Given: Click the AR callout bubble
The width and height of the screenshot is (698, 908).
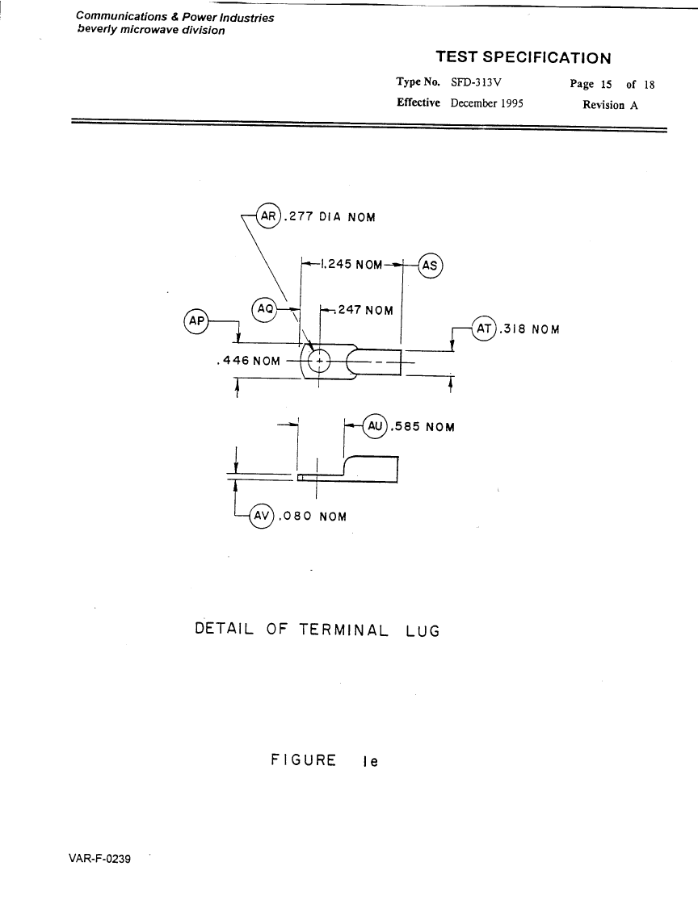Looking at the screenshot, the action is click(x=267, y=216).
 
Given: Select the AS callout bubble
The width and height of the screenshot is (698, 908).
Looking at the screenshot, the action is click(x=431, y=266).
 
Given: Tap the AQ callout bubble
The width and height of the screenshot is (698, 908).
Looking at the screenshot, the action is click(x=265, y=309).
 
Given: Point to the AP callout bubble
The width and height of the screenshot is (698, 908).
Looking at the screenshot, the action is click(x=196, y=320).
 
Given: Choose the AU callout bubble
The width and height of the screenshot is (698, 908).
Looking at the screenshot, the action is click(x=375, y=426).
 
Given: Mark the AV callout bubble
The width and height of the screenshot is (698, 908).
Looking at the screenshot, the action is click(x=262, y=516).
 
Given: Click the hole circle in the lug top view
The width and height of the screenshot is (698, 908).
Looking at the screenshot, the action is click(x=319, y=360).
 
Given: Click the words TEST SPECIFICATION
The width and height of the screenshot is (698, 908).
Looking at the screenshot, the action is click(x=523, y=57).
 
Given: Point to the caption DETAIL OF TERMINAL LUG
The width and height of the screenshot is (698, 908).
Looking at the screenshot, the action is click(x=317, y=630).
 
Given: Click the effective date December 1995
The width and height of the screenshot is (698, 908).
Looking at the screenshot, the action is click(x=487, y=103).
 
